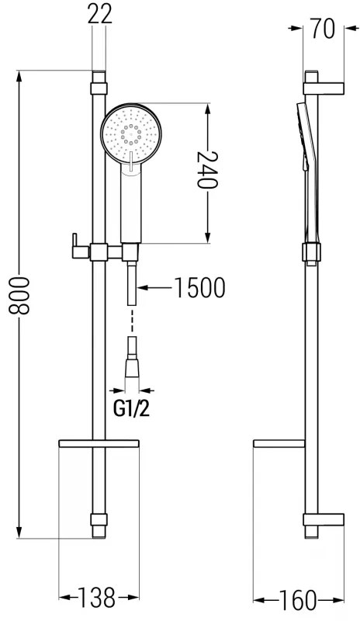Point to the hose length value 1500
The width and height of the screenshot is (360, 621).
[x=199, y=288]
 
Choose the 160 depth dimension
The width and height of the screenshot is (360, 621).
[x=298, y=600]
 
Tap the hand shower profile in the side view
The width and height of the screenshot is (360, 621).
[x=306, y=171]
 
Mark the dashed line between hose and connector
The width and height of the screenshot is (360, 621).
[x=131, y=318]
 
